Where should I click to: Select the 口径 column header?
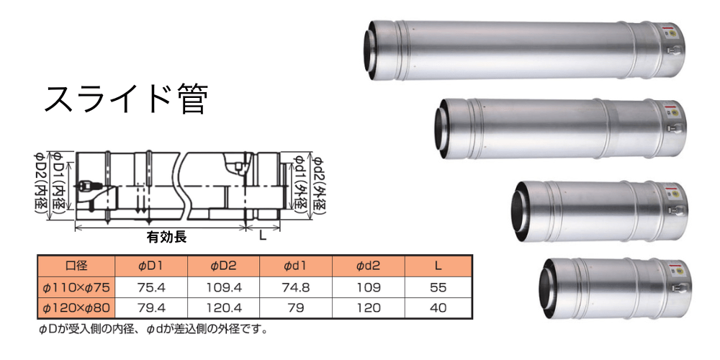(x=76, y=266)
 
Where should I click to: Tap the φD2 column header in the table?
(x=224, y=266)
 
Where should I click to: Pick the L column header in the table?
(x=438, y=266)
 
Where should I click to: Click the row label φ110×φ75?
(x=76, y=287)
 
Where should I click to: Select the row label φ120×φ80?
(x=76, y=308)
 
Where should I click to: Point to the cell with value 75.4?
(x=151, y=287)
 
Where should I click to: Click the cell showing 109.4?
(x=224, y=287)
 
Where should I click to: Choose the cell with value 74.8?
(x=296, y=287)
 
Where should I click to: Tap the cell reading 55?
(x=438, y=287)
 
